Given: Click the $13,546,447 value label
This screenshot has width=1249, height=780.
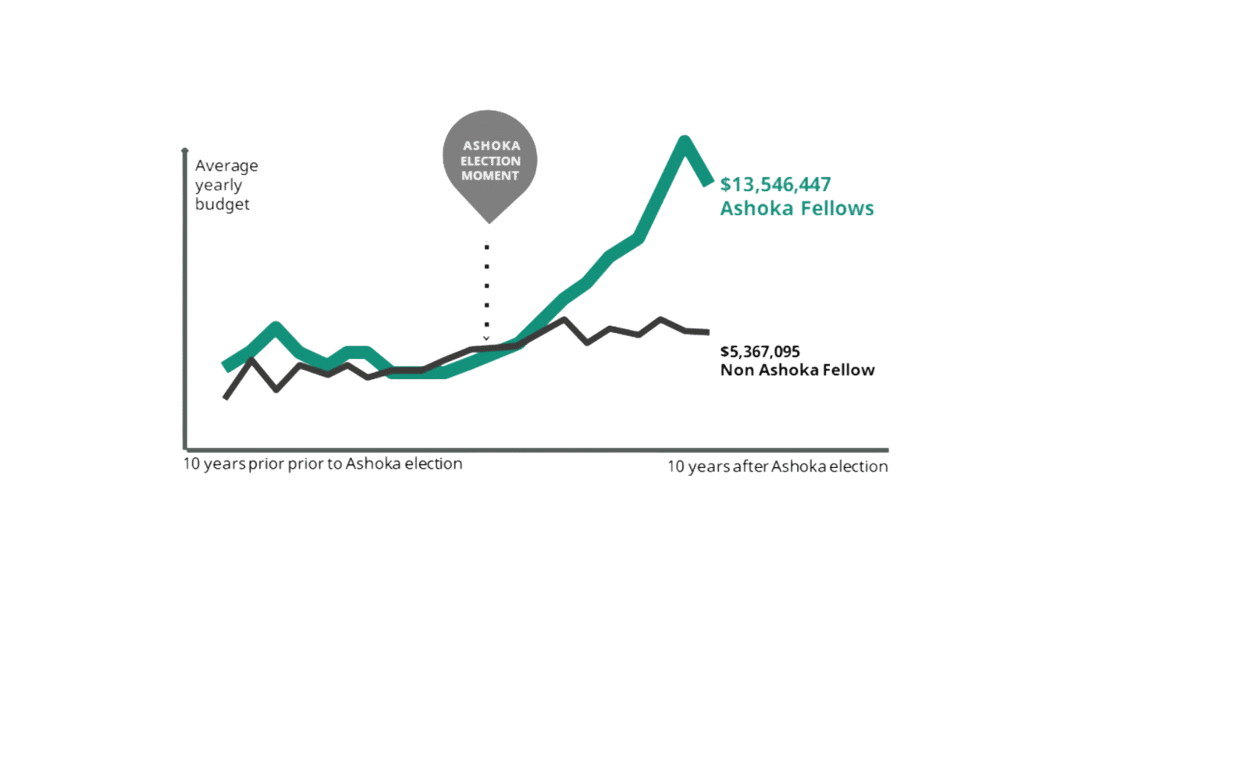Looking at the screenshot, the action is coord(775,184).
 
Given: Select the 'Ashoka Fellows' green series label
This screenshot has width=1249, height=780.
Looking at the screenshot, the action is coord(797,208).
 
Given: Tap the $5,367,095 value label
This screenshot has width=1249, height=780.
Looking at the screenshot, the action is coord(760,352).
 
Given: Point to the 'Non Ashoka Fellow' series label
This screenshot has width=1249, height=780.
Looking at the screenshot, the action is coord(797,370).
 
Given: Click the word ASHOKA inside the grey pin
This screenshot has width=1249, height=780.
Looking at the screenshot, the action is coord(491,146).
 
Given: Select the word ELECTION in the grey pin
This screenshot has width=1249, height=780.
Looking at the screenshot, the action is coord(491,161).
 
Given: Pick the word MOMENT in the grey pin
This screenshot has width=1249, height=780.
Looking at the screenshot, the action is coord(490,175).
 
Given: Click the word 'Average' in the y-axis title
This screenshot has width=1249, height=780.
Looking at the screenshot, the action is coord(226,165).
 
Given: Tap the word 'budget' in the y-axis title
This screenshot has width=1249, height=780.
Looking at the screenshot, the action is coord(222,204).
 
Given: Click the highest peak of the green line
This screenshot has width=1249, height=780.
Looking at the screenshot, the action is coord(684,140).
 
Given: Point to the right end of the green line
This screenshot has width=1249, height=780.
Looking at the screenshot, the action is coord(709,182).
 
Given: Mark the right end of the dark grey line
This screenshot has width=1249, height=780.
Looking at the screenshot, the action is coord(708,332).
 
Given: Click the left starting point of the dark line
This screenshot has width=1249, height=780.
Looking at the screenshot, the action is coord(226,398).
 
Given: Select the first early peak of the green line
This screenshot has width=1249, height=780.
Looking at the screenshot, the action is coord(276,326).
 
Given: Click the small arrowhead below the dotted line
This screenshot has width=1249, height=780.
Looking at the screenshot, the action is coord(486,339).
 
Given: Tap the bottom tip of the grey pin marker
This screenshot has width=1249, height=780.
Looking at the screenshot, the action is coord(489,223).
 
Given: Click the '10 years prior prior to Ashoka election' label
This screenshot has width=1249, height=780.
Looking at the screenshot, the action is coord(323,463).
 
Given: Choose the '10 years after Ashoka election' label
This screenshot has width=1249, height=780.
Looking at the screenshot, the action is coord(778,466).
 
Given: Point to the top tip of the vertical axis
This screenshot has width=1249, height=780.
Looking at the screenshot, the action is coord(184,149).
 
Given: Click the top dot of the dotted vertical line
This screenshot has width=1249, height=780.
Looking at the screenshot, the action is coord(487,246).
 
